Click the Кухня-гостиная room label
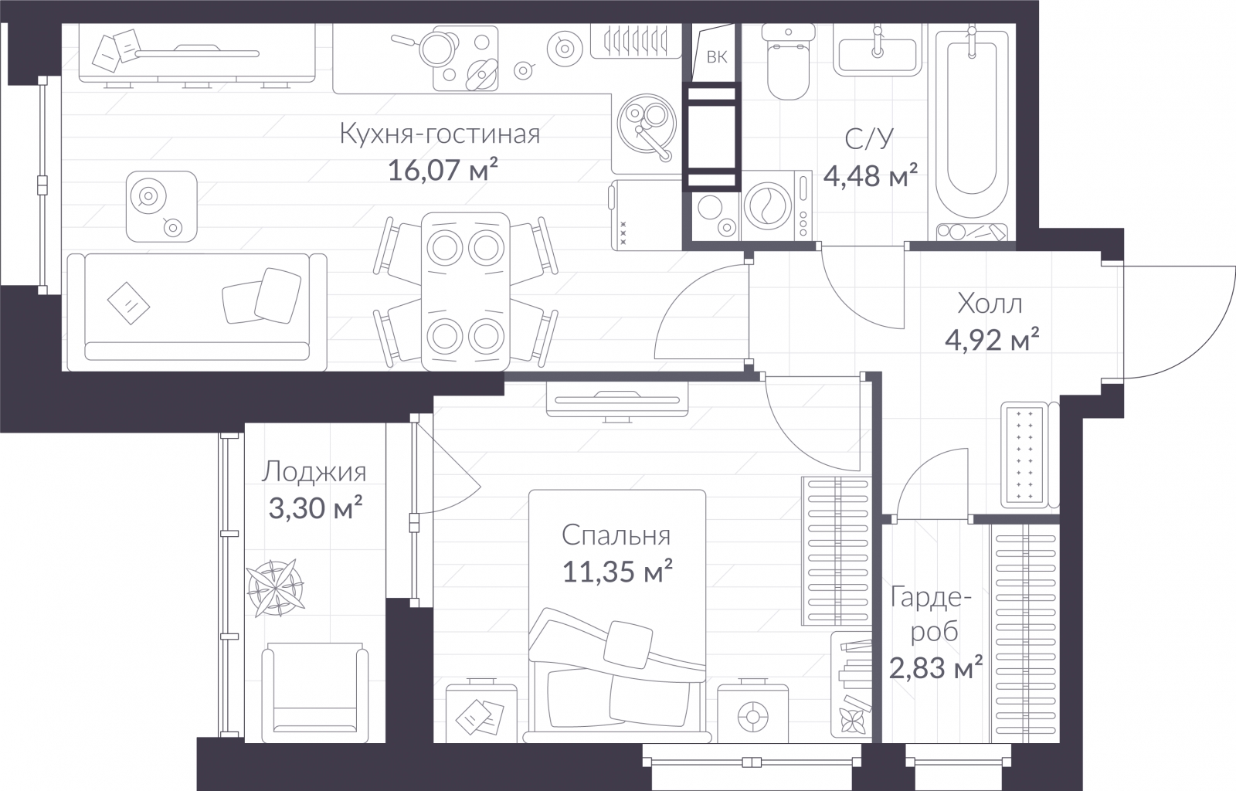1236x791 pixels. [x=440, y=134]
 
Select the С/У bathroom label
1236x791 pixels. [x=869, y=139]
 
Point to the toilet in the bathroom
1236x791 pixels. [x=788, y=62]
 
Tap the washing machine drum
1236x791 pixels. [x=768, y=205]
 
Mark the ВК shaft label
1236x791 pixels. [x=717, y=57]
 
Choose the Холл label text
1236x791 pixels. [x=990, y=304]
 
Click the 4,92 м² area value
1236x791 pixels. [x=992, y=339]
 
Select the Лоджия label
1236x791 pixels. [x=314, y=472]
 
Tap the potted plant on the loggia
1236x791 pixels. [x=276, y=588]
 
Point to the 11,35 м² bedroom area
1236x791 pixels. [x=617, y=571]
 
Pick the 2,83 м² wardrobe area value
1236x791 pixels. [x=935, y=668]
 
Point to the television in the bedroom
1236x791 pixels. [x=617, y=402]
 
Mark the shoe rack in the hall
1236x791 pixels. [x=1024, y=454]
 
